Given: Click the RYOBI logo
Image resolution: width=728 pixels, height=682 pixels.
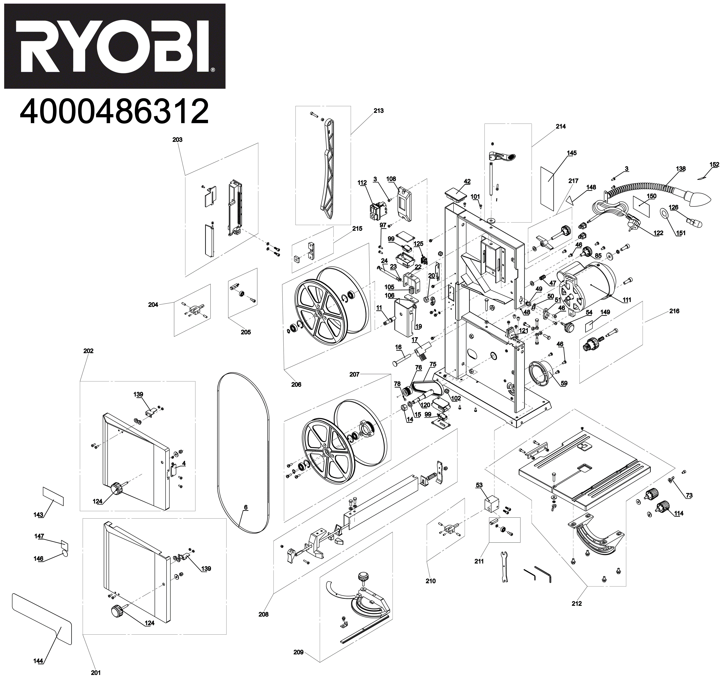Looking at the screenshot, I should (x=115, y=46).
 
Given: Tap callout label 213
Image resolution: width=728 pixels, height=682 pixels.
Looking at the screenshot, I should (x=379, y=111).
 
